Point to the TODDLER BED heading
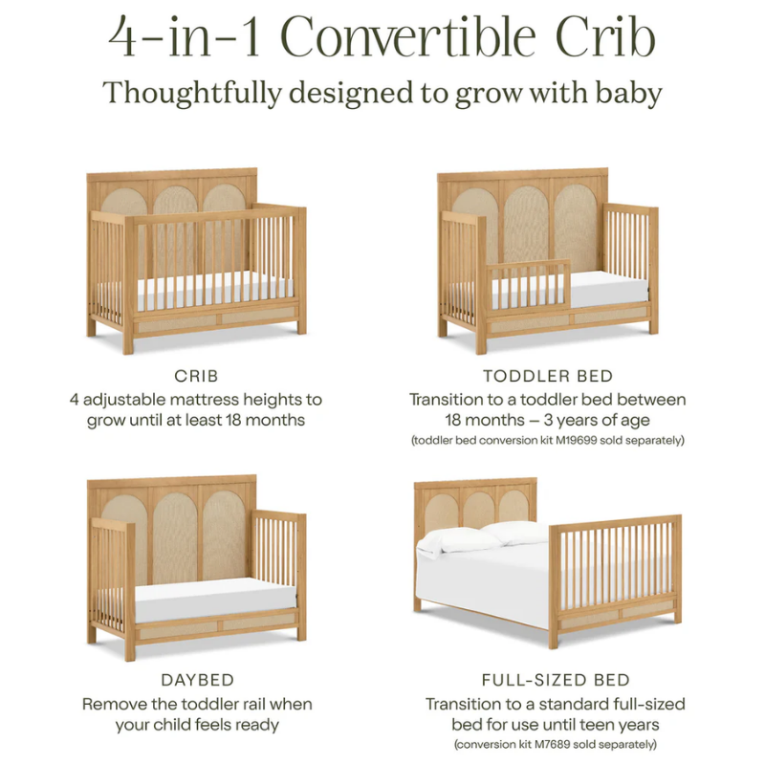coord(548,376)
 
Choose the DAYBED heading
coord(197,680)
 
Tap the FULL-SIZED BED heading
coord(556,680)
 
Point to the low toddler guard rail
coord(529,286)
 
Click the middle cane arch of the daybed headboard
coord(174,535)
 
